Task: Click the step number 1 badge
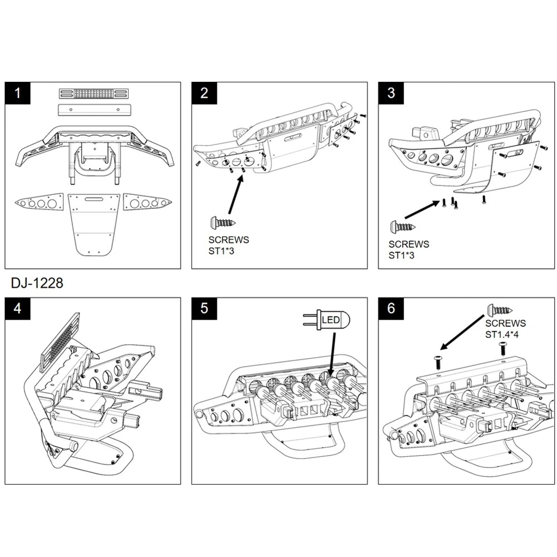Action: [x=19, y=93]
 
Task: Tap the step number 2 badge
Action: [x=204, y=93]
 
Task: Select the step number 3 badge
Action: [x=391, y=93]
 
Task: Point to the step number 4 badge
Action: [x=19, y=308]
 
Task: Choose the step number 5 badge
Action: [x=204, y=308]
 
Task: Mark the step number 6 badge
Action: [x=391, y=308]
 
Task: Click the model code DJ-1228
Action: [x=37, y=283]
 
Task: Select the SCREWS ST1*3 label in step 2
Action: [x=227, y=245]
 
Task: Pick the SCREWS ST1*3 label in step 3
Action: [x=409, y=250]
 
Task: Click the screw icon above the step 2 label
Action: [x=223, y=223]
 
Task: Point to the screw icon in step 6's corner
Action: [x=501, y=310]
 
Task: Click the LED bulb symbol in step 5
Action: [x=327, y=320]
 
